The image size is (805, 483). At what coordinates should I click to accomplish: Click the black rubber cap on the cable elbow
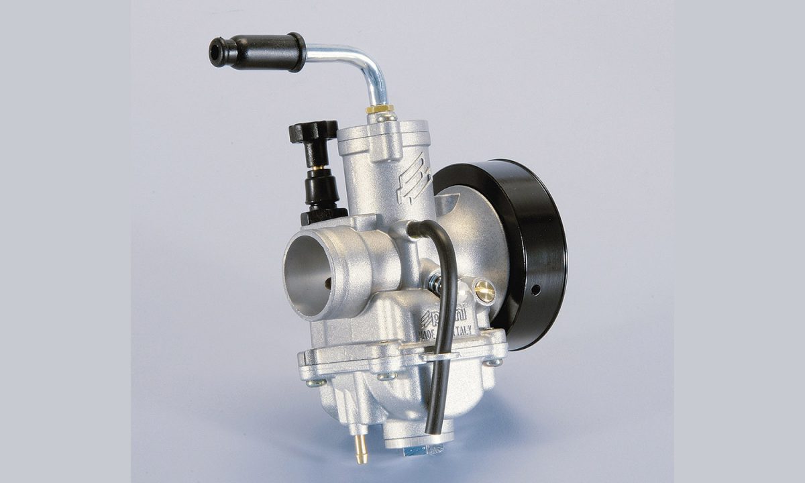tap(262, 51)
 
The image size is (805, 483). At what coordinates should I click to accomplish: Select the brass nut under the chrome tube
tap(380, 108)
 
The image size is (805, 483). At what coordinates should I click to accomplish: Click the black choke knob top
tap(313, 131)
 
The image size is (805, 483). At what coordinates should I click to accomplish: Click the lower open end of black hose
tap(432, 429)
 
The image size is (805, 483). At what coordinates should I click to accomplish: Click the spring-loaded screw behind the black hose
tap(435, 282)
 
